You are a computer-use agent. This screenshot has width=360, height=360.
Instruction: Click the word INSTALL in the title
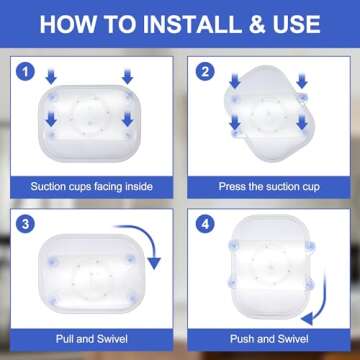[192, 24]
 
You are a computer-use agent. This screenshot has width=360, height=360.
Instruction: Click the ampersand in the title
[256, 24]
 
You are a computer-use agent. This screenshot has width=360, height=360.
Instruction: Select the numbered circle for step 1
[26, 72]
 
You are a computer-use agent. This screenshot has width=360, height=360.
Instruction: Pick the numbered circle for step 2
[205, 72]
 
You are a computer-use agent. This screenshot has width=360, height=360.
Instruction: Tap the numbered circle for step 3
[26, 224]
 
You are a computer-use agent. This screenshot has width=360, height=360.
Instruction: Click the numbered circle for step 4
[205, 224]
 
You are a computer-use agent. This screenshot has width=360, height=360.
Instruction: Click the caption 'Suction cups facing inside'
[92, 186]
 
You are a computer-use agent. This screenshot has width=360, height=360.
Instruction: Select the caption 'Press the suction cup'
[269, 186]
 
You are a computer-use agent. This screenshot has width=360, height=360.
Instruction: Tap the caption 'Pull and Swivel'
[92, 339]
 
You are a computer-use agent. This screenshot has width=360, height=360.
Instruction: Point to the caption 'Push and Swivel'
[269, 339]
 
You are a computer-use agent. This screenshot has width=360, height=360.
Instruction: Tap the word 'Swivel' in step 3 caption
[112, 339]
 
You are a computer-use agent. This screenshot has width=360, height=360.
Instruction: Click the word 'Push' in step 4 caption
[241, 339]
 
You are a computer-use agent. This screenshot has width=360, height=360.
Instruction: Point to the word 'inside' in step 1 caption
[139, 186]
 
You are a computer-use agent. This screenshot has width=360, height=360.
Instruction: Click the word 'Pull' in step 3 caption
[64, 339]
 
